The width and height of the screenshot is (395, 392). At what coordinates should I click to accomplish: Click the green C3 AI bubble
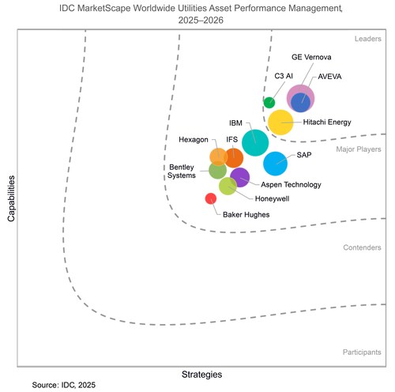[x=269, y=102]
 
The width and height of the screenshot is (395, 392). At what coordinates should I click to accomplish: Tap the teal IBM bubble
[x=254, y=142]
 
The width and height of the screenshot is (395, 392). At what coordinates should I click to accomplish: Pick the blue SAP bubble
[x=275, y=163]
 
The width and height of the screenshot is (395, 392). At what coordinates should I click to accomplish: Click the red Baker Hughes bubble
[x=211, y=198]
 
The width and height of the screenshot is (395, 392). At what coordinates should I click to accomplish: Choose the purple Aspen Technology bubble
[x=239, y=177]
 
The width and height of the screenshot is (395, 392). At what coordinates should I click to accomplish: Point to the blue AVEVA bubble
[x=300, y=102]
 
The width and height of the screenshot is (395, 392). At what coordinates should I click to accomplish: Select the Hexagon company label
[x=194, y=140]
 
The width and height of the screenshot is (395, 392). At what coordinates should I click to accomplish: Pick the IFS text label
[x=232, y=140]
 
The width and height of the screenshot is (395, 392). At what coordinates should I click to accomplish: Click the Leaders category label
[x=366, y=38]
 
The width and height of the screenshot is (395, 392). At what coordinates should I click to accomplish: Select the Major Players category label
[x=359, y=148]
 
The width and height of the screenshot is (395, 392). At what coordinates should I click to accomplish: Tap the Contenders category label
[x=362, y=247]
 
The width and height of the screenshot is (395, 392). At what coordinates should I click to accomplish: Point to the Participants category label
[x=362, y=352]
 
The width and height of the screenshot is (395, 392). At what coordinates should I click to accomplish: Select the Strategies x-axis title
[x=201, y=373]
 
